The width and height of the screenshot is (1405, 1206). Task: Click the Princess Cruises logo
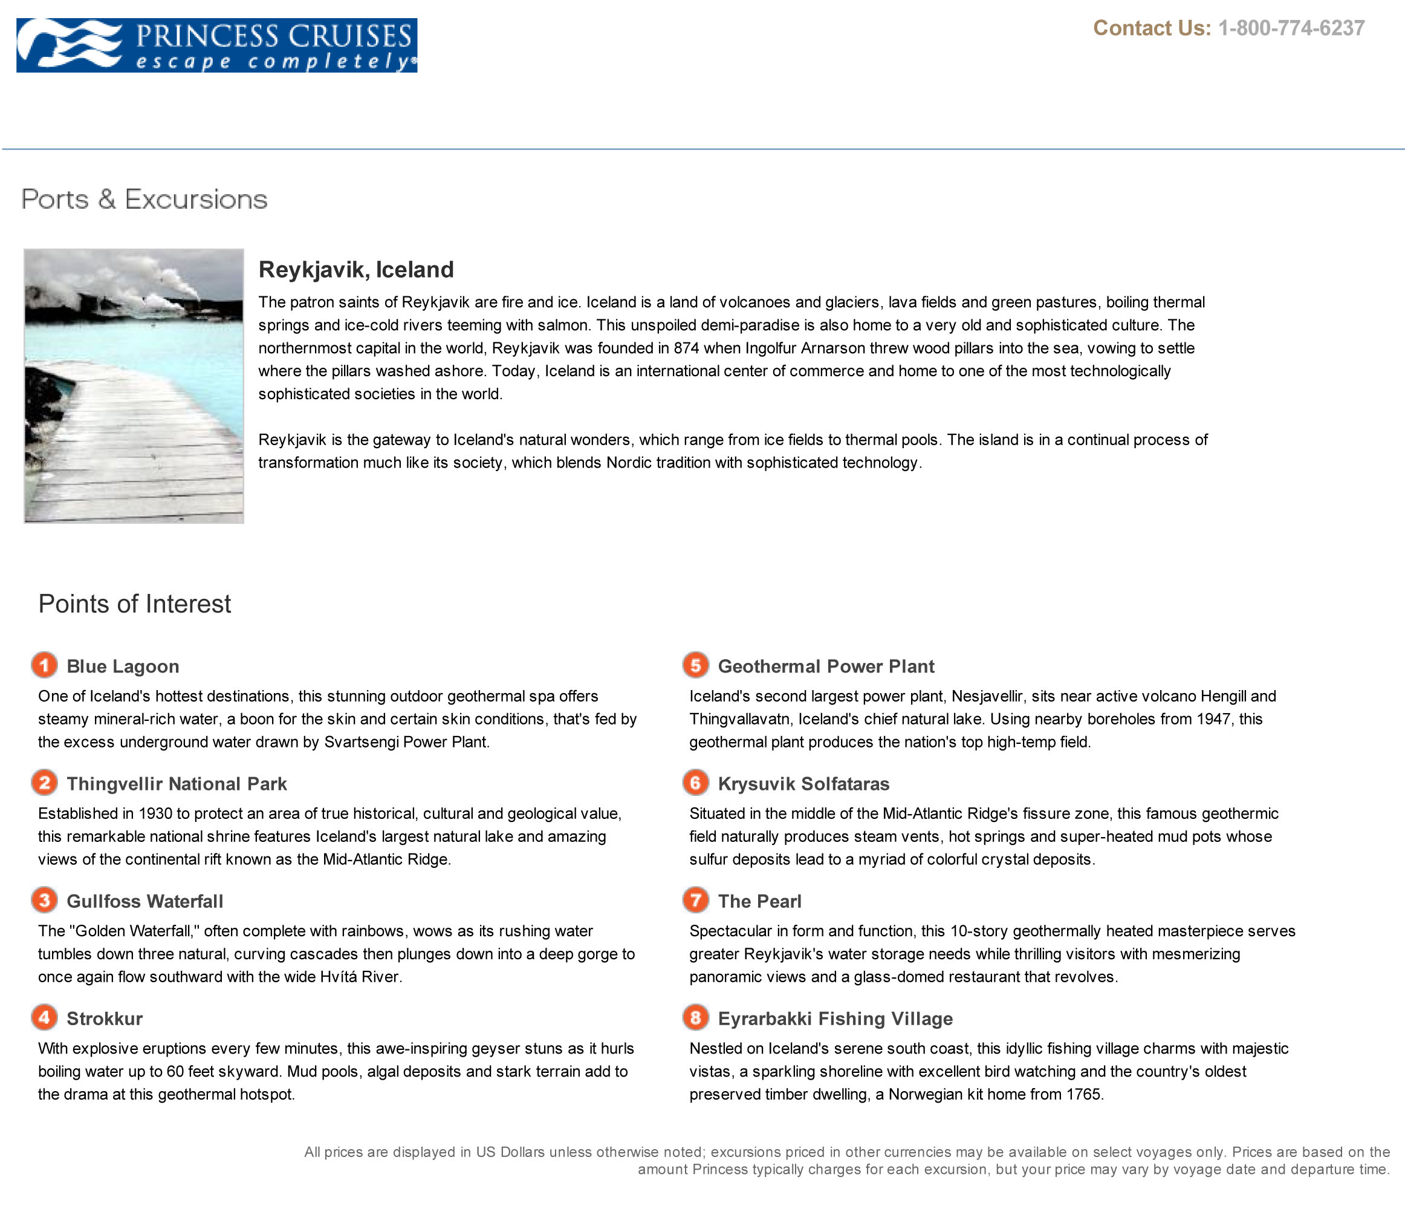(x=216, y=45)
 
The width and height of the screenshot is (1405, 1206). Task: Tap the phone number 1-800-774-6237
(x=1291, y=28)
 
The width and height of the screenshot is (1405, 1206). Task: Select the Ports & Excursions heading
(x=144, y=200)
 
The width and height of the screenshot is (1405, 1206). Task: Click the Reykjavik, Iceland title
(x=356, y=269)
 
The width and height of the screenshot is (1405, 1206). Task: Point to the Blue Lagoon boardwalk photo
(x=134, y=386)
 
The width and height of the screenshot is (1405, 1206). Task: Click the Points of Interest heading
(x=134, y=604)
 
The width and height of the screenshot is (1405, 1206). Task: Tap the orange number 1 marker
(x=45, y=665)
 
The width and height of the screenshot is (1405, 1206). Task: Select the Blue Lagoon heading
(x=123, y=666)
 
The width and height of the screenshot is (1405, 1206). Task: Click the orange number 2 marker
(x=45, y=783)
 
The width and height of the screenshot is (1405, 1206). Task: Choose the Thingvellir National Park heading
(x=177, y=783)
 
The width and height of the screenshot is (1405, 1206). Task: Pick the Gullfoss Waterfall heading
(x=144, y=901)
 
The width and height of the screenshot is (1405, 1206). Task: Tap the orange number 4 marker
(x=45, y=1017)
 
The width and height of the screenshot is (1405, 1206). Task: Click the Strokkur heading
(x=105, y=1018)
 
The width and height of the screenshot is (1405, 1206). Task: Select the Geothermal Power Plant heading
(x=825, y=666)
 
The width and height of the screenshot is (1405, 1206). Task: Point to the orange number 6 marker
(x=696, y=783)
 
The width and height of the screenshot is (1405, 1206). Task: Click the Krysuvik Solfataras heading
(x=803, y=783)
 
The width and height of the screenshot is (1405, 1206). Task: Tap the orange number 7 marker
(x=696, y=900)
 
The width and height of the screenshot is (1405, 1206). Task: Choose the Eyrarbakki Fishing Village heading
(x=835, y=1018)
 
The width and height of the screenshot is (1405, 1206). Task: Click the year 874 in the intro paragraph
(x=686, y=348)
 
